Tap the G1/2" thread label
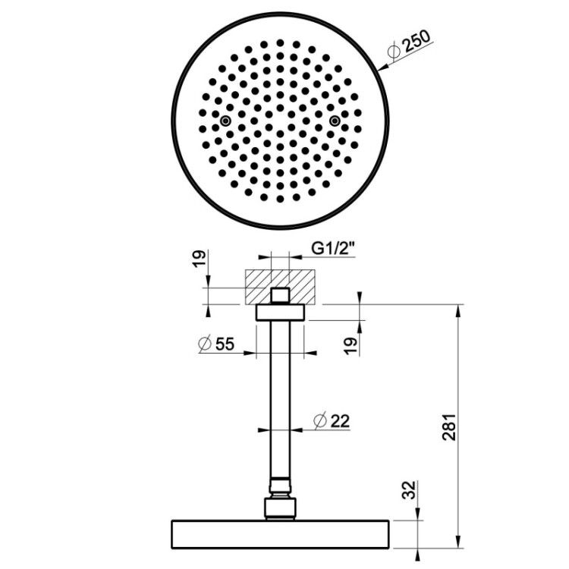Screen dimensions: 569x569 click(x=333, y=249)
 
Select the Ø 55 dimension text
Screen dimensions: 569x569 click(x=217, y=344)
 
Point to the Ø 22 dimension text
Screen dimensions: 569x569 click(x=332, y=421)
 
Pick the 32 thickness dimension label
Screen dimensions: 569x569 click(x=409, y=490)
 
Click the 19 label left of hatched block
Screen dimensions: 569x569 click(x=199, y=259)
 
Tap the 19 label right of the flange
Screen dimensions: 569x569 click(x=351, y=346)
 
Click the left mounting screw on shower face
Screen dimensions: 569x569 click(x=226, y=121)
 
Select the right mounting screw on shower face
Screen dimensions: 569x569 click(x=335, y=121)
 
